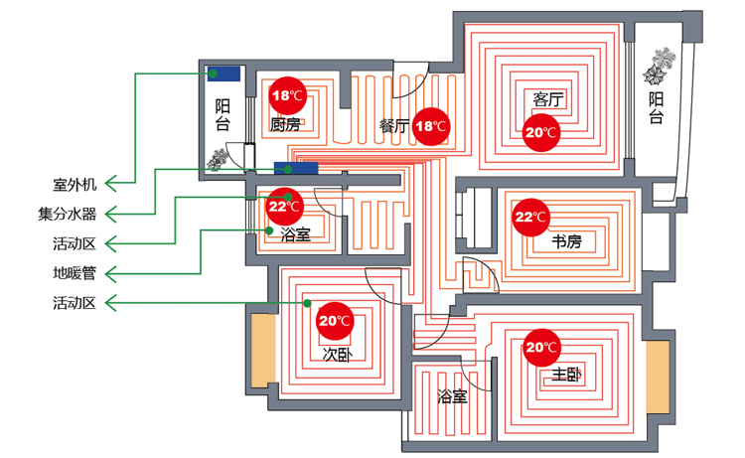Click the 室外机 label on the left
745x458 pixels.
tap(74, 185)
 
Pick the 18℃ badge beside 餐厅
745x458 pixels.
tap(431, 126)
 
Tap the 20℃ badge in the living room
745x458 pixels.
tap(541, 131)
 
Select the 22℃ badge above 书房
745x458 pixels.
tap(531, 217)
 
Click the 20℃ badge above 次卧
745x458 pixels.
tap(334, 321)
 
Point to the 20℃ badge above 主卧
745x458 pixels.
tap(541, 347)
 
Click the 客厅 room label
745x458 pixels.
tap(548, 99)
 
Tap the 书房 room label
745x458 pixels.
tap(566, 242)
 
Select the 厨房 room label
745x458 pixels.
tap(285, 125)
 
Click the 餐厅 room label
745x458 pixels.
tap(394, 126)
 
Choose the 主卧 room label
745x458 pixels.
tap(566, 375)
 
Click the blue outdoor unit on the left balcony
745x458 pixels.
tap(223, 74)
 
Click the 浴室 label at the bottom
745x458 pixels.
tap(452, 397)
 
